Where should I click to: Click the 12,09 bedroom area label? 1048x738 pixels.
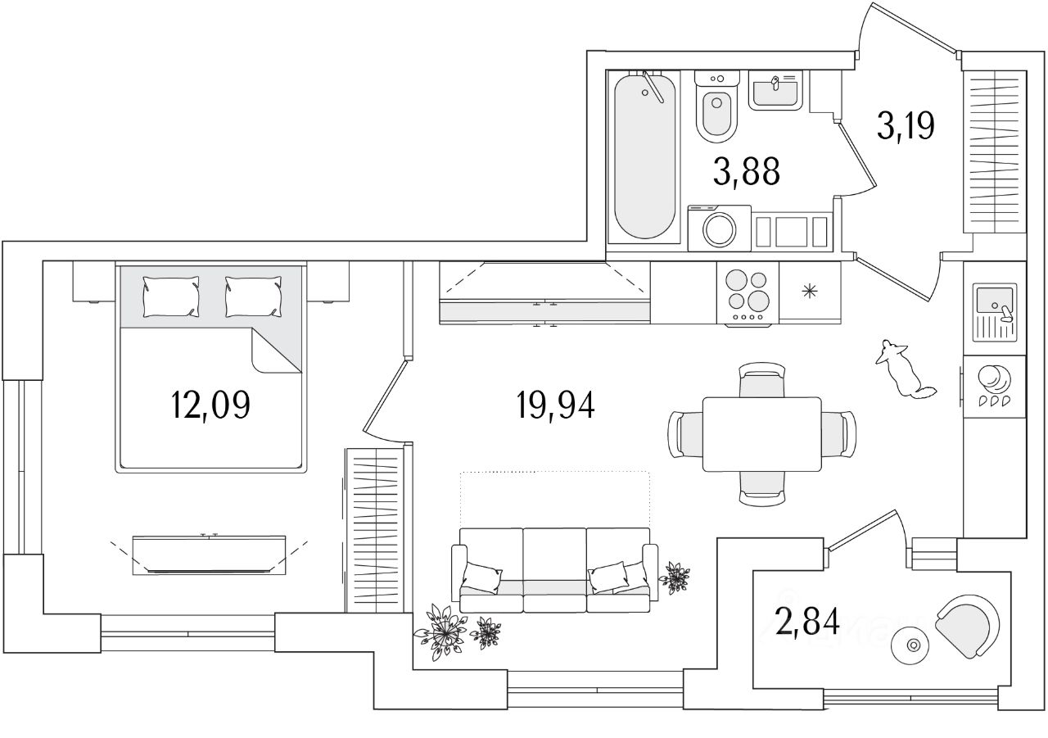(210, 404)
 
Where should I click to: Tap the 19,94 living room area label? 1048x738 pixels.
(554, 404)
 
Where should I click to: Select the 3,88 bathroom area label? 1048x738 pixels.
(746, 173)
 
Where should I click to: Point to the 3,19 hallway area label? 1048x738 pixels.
(905, 127)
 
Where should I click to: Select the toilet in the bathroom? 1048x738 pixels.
(717, 111)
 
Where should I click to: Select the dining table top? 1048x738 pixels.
(762, 434)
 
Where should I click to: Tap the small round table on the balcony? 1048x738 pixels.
(910, 645)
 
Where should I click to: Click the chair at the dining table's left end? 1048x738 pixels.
(684, 434)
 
